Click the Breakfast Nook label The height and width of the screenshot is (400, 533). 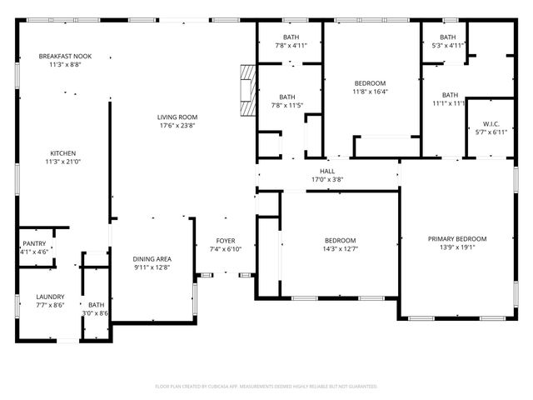tap(65, 56)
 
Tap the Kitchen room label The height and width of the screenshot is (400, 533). tap(63, 153)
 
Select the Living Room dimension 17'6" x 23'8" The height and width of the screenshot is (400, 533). tap(177, 126)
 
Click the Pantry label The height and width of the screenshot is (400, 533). tap(34, 242)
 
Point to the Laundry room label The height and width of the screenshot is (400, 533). tap(49, 297)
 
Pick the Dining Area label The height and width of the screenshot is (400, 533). tap(152, 259)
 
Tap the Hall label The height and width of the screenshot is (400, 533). tap(327, 170)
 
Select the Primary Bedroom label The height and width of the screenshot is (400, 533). tap(457, 238)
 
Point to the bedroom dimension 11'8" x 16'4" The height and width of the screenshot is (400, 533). tap(371, 92)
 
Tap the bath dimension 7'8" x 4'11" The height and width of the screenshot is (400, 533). tap(291, 46)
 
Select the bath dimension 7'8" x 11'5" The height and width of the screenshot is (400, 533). tap(287, 106)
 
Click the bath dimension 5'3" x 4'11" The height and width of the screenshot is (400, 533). tap(448, 46)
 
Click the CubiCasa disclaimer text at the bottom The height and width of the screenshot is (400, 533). tap(266, 386)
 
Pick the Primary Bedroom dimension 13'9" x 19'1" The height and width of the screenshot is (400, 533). tap(457, 247)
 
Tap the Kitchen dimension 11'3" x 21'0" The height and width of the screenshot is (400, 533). tap(63, 162)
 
